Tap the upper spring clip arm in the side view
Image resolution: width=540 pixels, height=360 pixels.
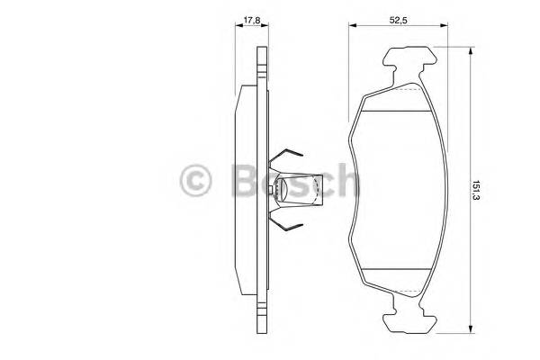pos(290,157)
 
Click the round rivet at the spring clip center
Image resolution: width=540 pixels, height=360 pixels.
pos(280,188)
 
